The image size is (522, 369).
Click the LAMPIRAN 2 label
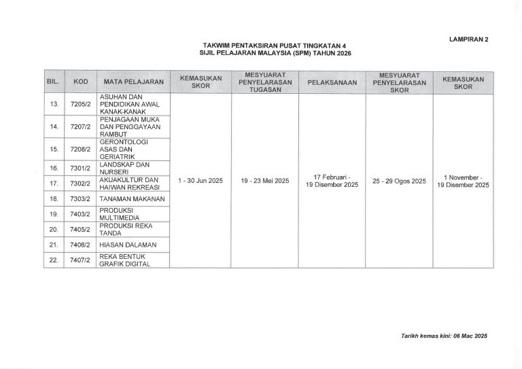[x=468, y=39]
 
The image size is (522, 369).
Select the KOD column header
[x=81, y=82]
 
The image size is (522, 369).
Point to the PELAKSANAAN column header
[x=332, y=82]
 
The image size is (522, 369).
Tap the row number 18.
[x=54, y=198]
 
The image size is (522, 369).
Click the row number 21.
[x=54, y=244]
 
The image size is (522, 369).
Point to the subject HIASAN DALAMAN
[x=128, y=244]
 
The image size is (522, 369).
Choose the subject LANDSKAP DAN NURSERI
[x=124, y=167]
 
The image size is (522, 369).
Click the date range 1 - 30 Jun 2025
[x=201, y=181]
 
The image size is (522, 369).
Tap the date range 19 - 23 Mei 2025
[x=265, y=181]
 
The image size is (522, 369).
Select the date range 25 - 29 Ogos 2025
[x=400, y=181]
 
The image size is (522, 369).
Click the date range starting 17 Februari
[x=332, y=181]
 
